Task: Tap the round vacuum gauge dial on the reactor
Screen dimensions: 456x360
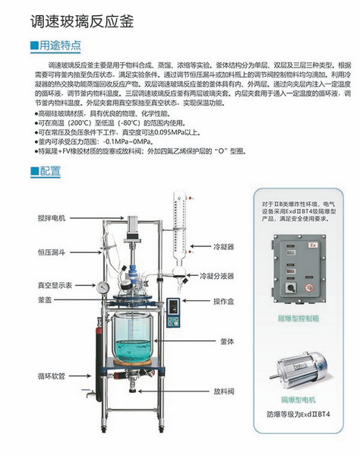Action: point(102,287)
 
